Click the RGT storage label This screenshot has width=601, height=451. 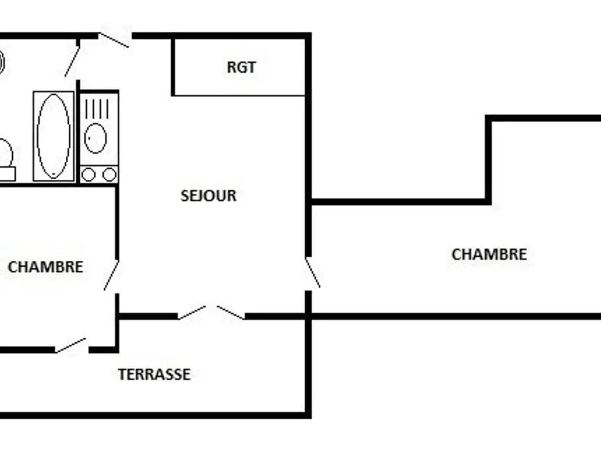tap(241, 67)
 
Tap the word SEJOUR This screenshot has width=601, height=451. tap(208, 196)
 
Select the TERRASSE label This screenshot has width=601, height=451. tap(154, 374)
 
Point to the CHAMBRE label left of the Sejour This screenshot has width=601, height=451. tap(45, 267)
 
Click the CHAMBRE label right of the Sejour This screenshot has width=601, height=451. tap(489, 254)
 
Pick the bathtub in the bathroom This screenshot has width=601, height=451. tap(53, 136)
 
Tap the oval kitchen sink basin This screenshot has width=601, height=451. tap(96, 138)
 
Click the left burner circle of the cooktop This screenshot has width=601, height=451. tap(89, 174)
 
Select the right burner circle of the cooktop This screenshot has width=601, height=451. tap(109, 174)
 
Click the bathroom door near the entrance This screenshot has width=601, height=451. tap(72, 60)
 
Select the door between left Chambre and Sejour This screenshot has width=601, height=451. tap(112, 275)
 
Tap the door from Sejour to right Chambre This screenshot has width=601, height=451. tap(313, 272)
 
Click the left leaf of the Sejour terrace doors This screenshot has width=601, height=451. tap(192, 312)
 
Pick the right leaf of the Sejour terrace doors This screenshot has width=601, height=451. tap(230, 312)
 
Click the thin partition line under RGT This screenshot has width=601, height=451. tap(239, 95)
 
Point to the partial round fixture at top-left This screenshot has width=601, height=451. tap(2, 61)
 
